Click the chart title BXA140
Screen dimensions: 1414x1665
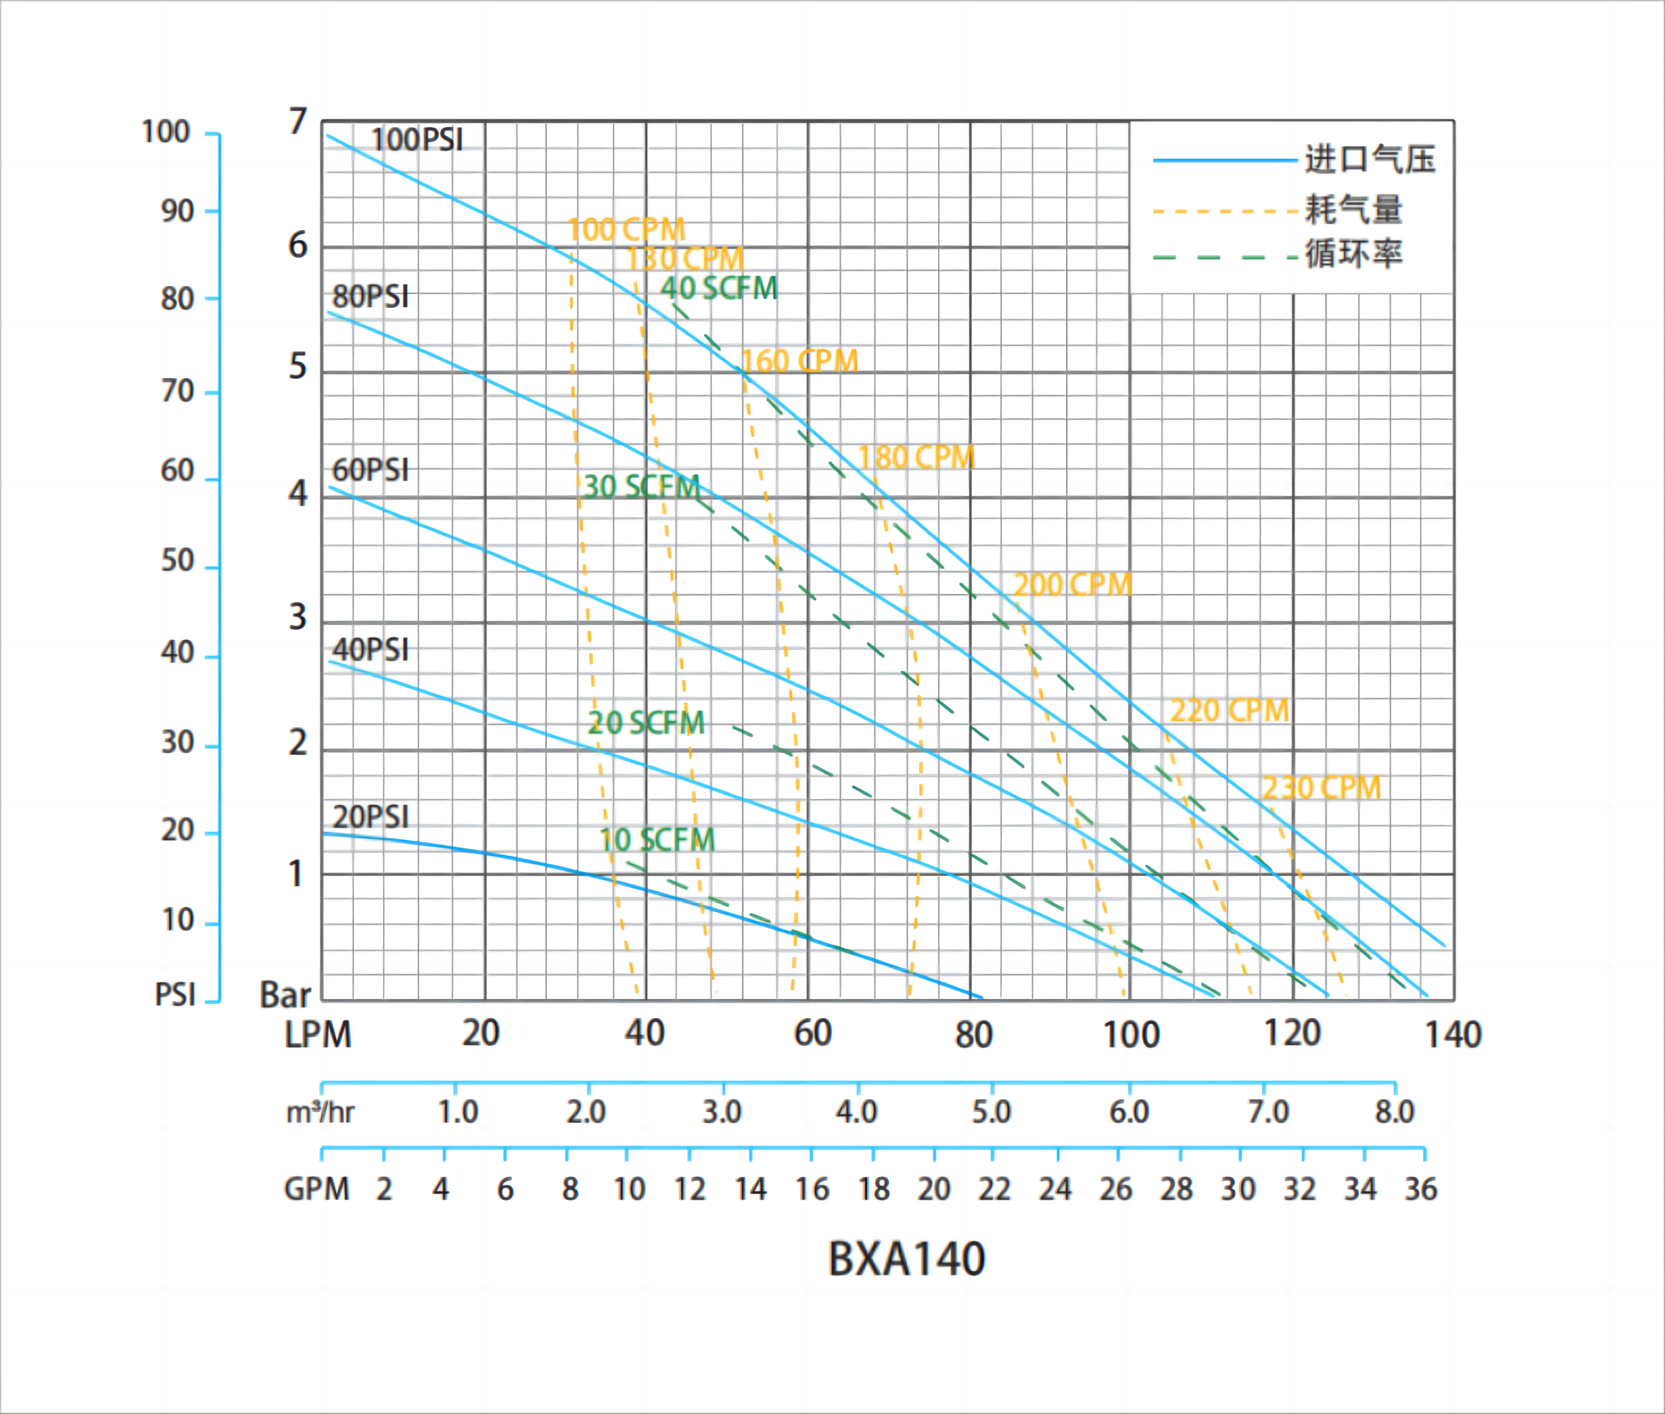pos(907,1258)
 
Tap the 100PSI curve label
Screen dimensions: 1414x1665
pos(416,140)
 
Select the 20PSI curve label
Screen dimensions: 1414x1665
pos(370,817)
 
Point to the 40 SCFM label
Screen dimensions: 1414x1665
pos(719,289)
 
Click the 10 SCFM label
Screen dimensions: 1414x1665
pos(657,840)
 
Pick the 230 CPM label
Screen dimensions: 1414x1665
pos(1320,788)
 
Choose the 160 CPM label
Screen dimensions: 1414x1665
pos(799,361)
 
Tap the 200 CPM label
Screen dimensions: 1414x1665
pos(1072,585)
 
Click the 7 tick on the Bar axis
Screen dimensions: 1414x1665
pos(298,122)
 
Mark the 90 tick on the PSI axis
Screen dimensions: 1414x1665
pos(177,211)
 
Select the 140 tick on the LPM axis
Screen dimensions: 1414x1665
pos(1453,1035)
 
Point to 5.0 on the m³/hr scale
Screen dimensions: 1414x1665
pos(991,1112)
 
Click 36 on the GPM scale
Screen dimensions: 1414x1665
pos(1420,1189)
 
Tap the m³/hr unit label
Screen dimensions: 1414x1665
pos(319,1113)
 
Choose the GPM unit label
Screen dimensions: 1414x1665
pos(316,1189)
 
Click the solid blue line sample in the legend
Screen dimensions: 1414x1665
pos(1224,160)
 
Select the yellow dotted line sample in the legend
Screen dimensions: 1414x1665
pos(1224,212)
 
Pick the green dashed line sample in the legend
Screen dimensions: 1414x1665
pos(1224,257)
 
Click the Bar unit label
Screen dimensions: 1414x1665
pos(284,995)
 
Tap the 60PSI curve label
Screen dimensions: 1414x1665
pos(370,470)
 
